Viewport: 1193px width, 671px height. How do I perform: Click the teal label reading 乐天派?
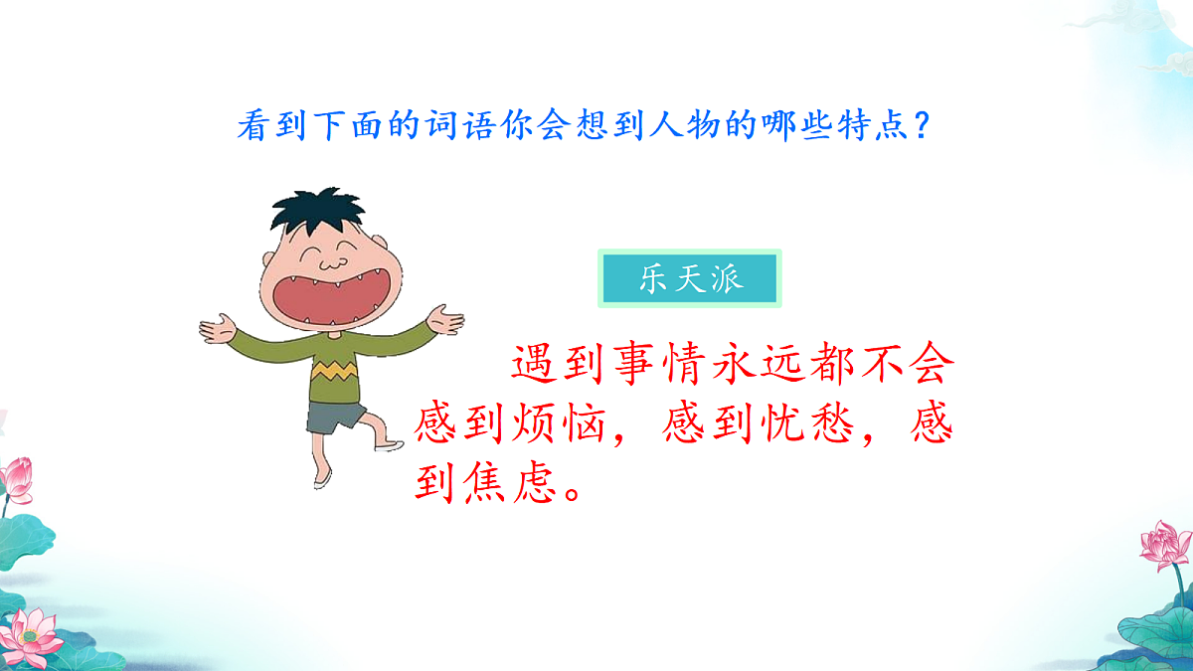coord(690,278)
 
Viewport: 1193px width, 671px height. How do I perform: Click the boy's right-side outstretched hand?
coord(444,319)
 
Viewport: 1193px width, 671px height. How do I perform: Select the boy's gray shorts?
coord(335,417)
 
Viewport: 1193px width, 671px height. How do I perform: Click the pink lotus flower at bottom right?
coord(1163,545)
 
